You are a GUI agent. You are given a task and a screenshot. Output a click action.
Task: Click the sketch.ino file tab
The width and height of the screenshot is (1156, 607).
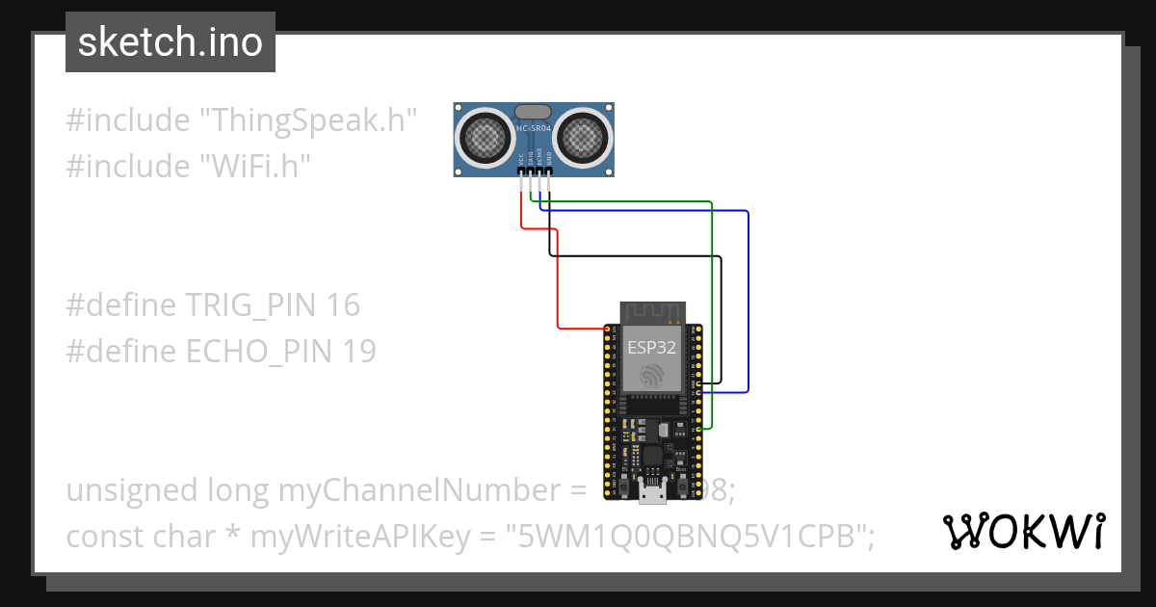[171, 42]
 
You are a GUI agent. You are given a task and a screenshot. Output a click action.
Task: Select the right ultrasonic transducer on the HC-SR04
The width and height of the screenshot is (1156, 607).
[583, 136]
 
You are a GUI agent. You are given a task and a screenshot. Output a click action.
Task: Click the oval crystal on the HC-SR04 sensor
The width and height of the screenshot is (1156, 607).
[534, 113]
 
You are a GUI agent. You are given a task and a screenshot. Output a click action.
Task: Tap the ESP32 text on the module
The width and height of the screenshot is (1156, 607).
[652, 348]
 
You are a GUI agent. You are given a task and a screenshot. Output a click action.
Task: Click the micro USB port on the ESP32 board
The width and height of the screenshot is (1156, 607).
[652, 493]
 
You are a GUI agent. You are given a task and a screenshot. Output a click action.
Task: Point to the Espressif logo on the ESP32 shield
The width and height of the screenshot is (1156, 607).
[652, 377]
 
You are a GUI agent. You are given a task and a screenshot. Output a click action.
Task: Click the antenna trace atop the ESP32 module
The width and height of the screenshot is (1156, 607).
[652, 311]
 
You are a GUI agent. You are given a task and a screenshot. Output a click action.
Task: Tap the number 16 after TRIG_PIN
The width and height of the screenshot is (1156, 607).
[343, 305]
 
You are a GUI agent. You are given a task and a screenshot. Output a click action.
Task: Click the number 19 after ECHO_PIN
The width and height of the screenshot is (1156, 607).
[358, 352]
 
